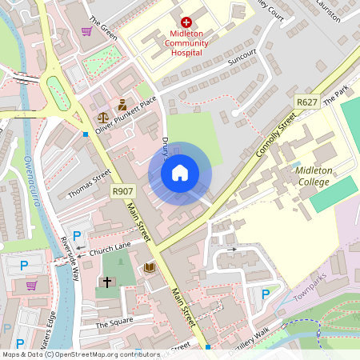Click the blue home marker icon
tap(180, 173)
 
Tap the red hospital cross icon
tap(186, 23)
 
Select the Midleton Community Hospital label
tap(186, 42)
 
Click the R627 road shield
tap(306, 102)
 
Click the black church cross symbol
tap(106, 282)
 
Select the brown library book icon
tap(149, 267)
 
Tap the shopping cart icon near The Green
tap(86, 32)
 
